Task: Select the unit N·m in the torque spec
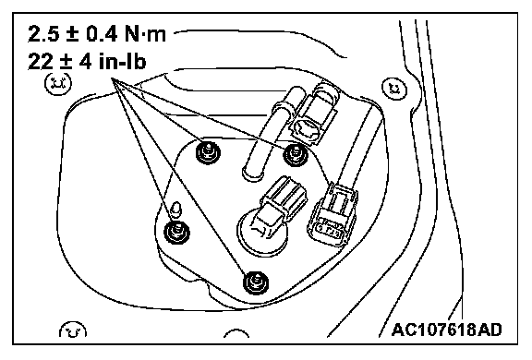(145, 34)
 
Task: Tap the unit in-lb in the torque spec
(123, 61)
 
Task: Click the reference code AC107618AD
(446, 330)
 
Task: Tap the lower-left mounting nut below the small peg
(176, 232)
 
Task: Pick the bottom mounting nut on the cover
(256, 282)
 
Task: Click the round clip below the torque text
(58, 83)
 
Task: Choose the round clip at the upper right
(394, 89)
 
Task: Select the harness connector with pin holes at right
(332, 216)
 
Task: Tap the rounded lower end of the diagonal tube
(253, 174)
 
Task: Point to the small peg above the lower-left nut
(176, 210)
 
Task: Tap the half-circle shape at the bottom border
(236, 333)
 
